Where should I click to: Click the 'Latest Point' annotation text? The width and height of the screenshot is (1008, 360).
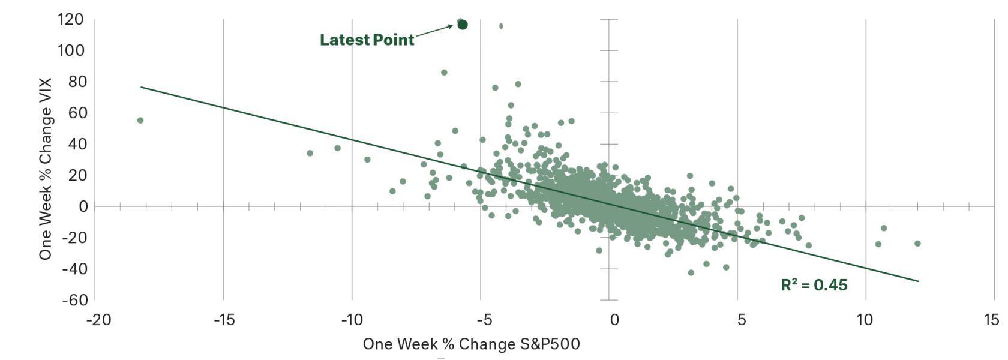[x=367, y=41]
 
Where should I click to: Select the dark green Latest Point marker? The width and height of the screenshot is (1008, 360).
[x=463, y=25]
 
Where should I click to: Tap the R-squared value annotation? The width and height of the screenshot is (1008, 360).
[x=814, y=286]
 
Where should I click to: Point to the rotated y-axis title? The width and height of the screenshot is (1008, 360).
[x=46, y=170]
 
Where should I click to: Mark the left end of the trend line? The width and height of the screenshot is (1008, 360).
[x=142, y=86]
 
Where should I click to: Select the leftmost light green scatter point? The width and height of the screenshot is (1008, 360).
[x=139, y=120]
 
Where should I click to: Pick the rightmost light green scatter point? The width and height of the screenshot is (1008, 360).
[x=916, y=244]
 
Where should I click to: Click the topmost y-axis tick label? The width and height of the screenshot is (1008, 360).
[x=71, y=20]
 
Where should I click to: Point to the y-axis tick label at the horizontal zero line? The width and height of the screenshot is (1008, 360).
[x=83, y=206]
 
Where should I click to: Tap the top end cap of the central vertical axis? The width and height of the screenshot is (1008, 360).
[x=609, y=20]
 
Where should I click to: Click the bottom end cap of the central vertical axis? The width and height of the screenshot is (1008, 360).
[x=609, y=298]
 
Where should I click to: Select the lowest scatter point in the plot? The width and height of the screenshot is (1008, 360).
[x=691, y=274]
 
